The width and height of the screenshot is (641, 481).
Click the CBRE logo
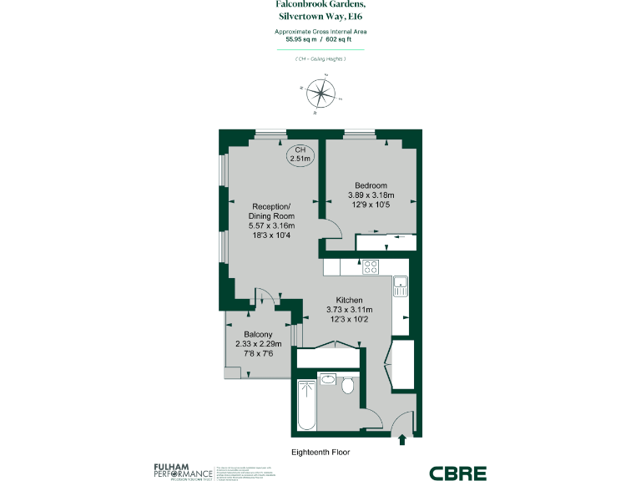pyautogui.click(x=457, y=473)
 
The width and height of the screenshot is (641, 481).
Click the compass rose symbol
pyautogui.click(x=320, y=93)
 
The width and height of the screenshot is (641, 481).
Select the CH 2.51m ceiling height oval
pyautogui.click(x=300, y=154)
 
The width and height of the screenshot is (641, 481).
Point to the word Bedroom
pyautogui.click(x=371, y=185)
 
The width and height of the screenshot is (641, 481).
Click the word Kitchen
pyautogui.click(x=349, y=300)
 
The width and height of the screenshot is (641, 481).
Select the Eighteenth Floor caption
pyautogui.click(x=320, y=452)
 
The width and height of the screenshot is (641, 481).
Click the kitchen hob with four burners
pyautogui.click(x=371, y=267)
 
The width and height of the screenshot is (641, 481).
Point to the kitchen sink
pyautogui.click(x=401, y=286)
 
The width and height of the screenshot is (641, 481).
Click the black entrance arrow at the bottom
pyautogui.click(x=405, y=439)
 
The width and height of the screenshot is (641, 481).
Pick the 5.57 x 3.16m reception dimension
pyautogui.click(x=271, y=225)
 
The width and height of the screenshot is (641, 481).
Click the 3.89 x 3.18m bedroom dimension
pyautogui.click(x=371, y=196)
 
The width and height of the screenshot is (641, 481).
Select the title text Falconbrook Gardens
pyautogui.click(x=320, y=4)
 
